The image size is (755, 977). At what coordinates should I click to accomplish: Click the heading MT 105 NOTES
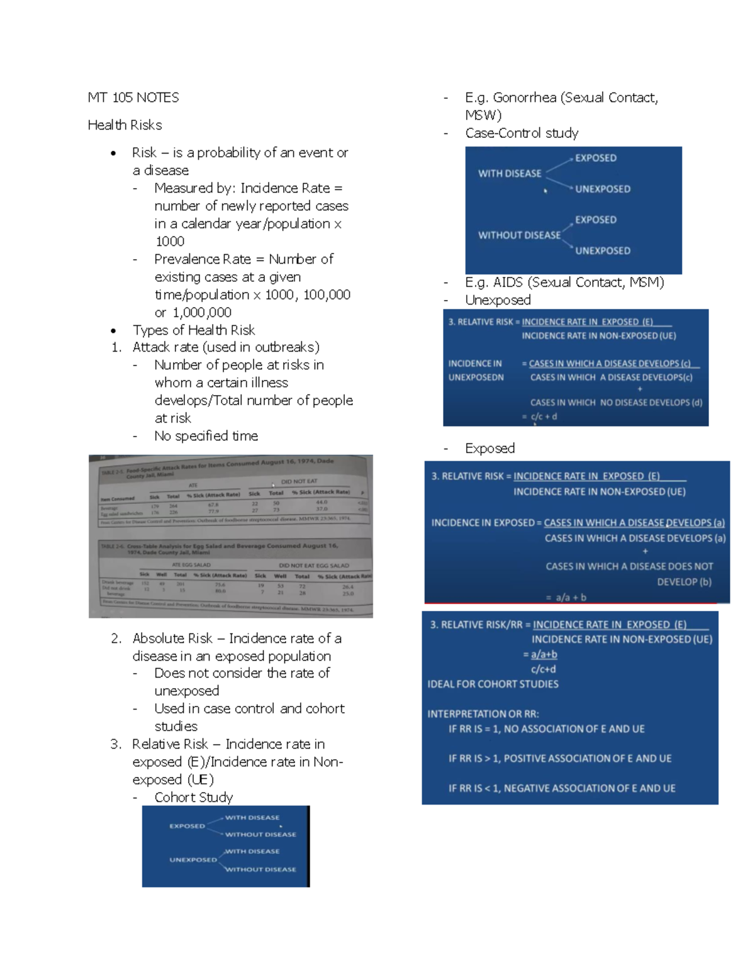click(133, 98)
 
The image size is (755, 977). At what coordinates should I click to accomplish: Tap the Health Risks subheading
click(125, 125)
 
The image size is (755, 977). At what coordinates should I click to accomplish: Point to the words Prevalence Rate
click(202, 259)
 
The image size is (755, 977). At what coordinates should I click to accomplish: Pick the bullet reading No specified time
click(206, 436)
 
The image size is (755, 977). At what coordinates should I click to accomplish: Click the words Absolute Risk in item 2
click(172, 639)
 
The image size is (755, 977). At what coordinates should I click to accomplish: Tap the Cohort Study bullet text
click(193, 798)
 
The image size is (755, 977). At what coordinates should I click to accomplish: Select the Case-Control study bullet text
click(522, 133)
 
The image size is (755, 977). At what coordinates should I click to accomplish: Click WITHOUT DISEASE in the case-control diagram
click(519, 235)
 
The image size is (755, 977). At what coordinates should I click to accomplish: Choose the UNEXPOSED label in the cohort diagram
click(193, 859)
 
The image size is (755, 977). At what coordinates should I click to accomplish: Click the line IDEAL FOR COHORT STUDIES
click(493, 684)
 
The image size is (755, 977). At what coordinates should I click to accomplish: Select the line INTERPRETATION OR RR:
click(483, 714)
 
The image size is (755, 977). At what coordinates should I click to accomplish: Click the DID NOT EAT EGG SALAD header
click(313, 566)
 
